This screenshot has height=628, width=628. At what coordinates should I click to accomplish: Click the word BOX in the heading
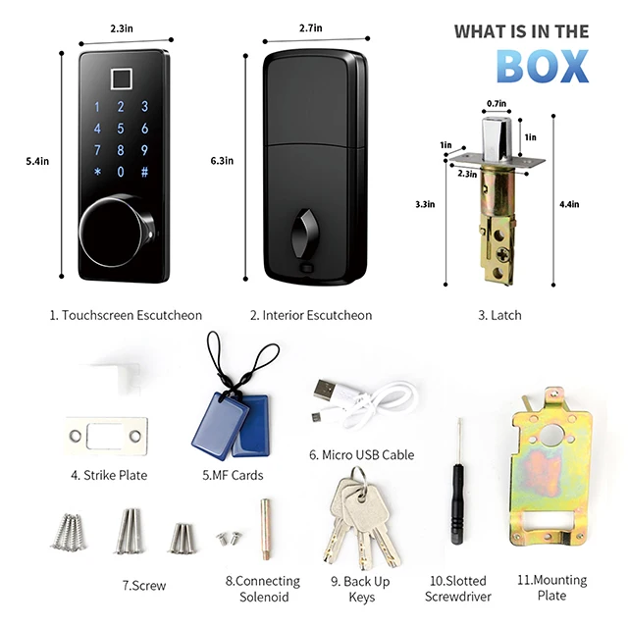pyautogui.click(x=542, y=64)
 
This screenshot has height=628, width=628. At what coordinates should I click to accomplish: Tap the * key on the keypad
pyautogui.click(x=97, y=172)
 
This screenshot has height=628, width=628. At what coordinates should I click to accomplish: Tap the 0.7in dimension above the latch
pyautogui.click(x=497, y=102)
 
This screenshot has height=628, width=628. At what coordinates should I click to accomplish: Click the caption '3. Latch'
pyautogui.click(x=499, y=315)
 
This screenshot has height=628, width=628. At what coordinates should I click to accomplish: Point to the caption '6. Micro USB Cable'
pyautogui.click(x=361, y=454)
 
